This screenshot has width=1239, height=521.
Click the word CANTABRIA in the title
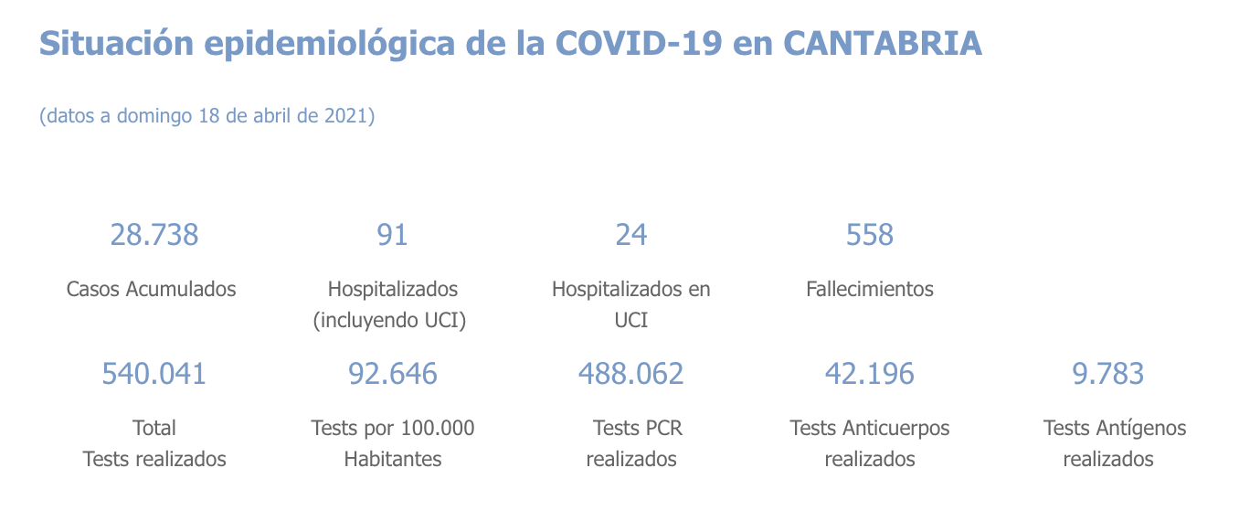pyautogui.click(x=883, y=43)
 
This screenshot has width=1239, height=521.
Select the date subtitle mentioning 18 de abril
pyautogui.click(x=207, y=116)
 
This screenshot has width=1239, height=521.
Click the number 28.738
pyautogui.click(x=154, y=235)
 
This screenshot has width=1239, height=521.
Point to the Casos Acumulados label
pyautogui.click(x=152, y=289)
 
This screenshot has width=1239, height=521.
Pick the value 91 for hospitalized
pyautogui.click(x=392, y=235)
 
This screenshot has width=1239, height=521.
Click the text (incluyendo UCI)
pyautogui.click(x=390, y=321)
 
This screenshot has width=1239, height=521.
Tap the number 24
pyautogui.click(x=631, y=235)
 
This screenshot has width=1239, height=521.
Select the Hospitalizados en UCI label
pyautogui.click(x=631, y=304)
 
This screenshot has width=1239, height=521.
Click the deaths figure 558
pyautogui.click(x=870, y=235)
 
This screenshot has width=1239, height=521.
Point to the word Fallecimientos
pyautogui.click(x=870, y=289)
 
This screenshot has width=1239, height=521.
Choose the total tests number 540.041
pyautogui.click(x=154, y=374)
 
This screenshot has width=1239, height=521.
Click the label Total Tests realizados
pyautogui.click(x=154, y=443)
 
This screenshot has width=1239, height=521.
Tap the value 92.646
pyautogui.click(x=393, y=374)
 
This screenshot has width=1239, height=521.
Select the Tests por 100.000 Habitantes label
pyautogui.click(x=393, y=443)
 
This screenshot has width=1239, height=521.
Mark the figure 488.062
pyautogui.click(x=631, y=374)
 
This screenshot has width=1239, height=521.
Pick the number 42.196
pyautogui.click(x=870, y=374)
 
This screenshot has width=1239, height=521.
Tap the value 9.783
pyautogui.click(x=1108, y=374)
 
